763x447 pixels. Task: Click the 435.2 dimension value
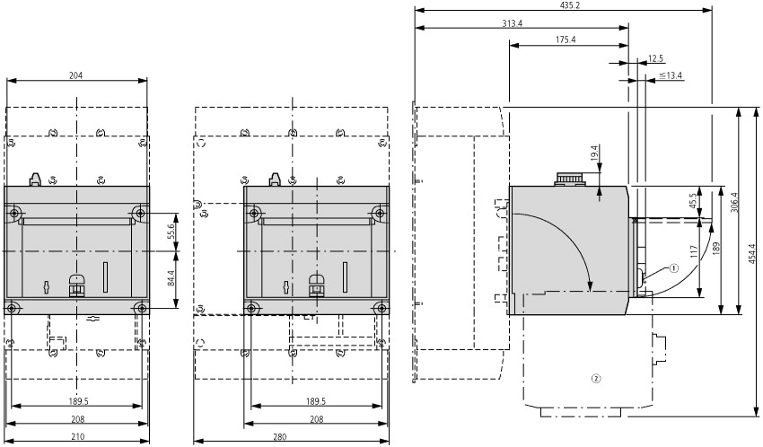tap(563, 5)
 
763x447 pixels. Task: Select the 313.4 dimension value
tap(513, 23)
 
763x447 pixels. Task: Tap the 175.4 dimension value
tap(566, 39)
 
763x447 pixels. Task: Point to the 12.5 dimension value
tap(655, 58)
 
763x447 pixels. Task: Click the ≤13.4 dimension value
tap(671, 75)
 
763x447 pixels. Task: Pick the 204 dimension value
tap(76, 75)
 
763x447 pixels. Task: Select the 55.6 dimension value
tap(171, 232)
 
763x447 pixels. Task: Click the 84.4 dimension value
tap(171, 279)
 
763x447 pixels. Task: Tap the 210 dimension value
tap(78, 437)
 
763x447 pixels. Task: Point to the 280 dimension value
tap(280, 437)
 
